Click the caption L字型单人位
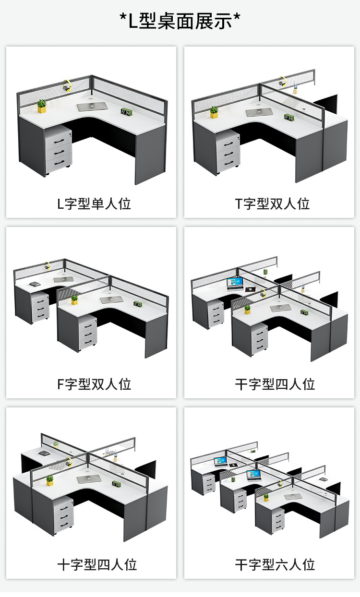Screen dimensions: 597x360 (x=94, y=204)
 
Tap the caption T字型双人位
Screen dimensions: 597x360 (x=272, y=204)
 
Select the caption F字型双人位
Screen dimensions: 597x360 (x=94, y=384)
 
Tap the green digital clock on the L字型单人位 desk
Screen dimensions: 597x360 (x=127, y=112)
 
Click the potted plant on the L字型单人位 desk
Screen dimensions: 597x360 (x=42, y=106)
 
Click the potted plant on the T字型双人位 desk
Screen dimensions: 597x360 (x=214, y=112)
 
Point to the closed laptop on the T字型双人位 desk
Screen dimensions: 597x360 (x=259, y=112)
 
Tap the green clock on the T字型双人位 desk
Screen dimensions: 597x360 (x=289, y=117)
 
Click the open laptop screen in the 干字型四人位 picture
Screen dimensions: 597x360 (x=235, y=283)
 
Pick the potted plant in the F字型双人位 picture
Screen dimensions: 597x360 (x=74, y=300)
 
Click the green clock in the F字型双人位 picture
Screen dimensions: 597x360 (x=138, y=304)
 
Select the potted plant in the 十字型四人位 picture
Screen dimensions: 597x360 (x=49, y=480)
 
